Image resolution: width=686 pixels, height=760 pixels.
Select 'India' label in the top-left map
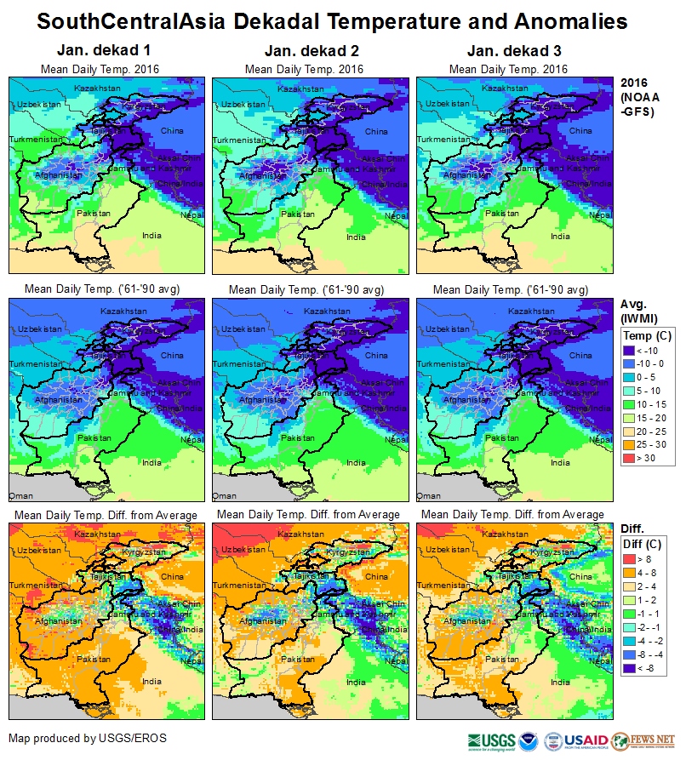(151, 237)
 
